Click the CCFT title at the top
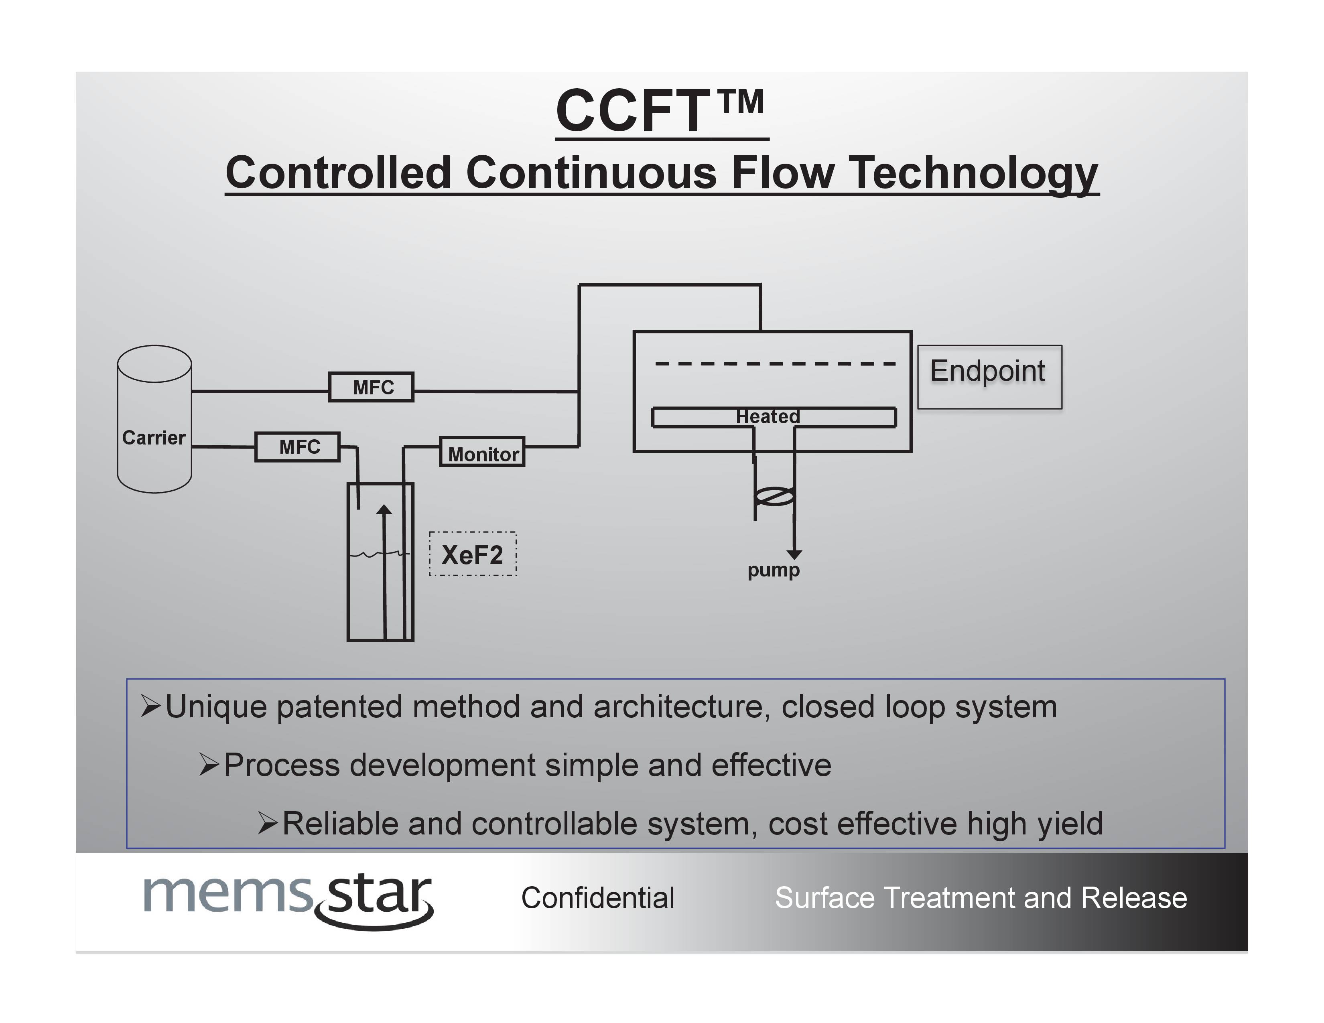pyautogui.click(x=660, y=111)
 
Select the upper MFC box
pyautogui.click(x=372, y=387)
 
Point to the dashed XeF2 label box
pyautogui.click(x=472, y=554)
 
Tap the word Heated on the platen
pyautogui.click(x=768, y=416)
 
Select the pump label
pyautogui.click(x=773, y=570)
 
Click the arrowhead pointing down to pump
pyautogui.click(x=794, y=554)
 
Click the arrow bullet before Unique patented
pyautogui.click(x=150, y=706)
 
